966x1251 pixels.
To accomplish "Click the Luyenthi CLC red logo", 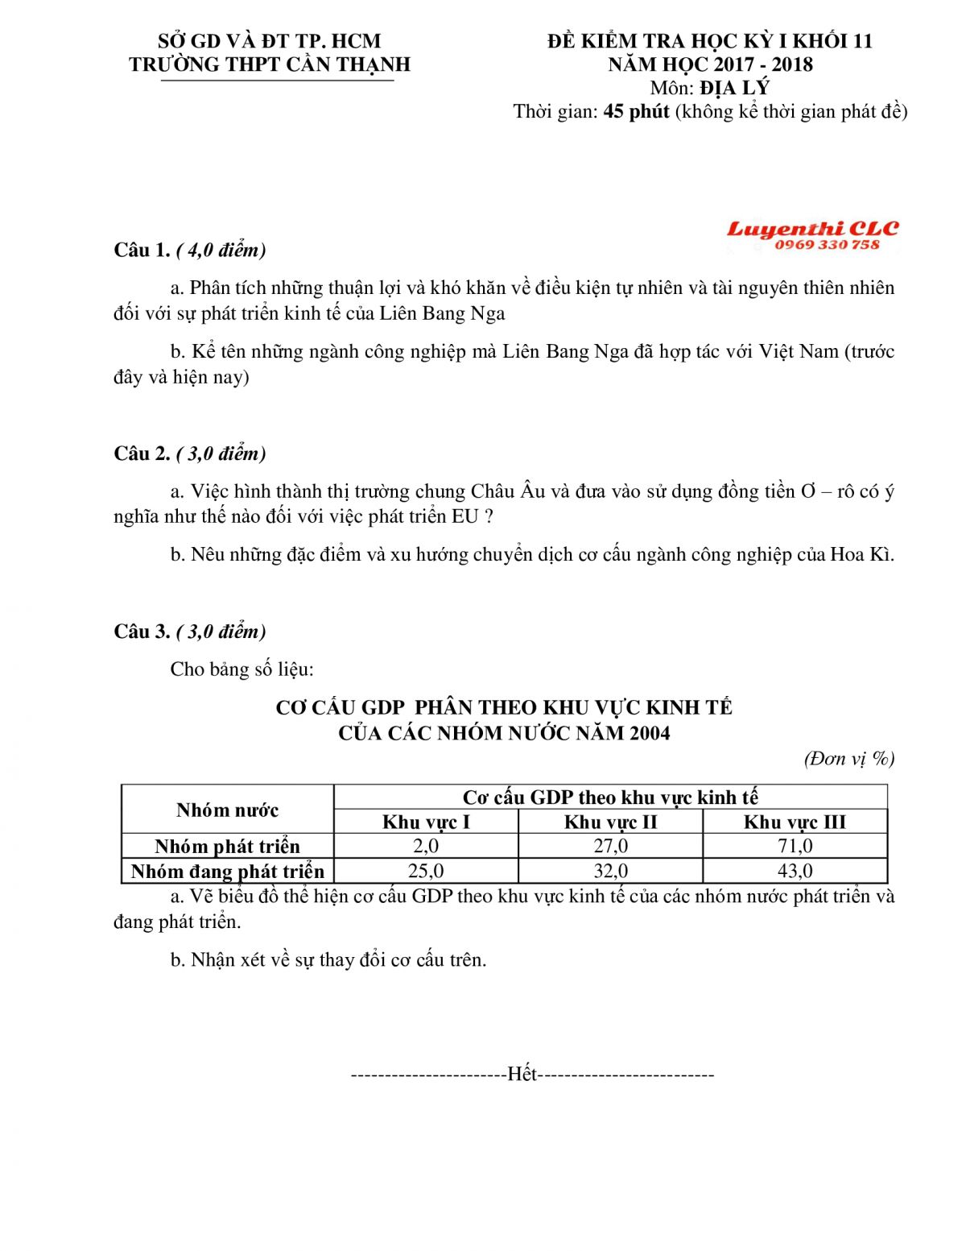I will click(812, 230).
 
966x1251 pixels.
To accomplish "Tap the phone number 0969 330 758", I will click(828, 245).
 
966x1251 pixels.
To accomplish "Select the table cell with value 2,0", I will click(425, 846).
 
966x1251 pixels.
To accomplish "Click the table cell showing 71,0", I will click(795, 846).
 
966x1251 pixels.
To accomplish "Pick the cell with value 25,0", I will click(425, 871).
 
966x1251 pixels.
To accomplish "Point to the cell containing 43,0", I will click(795, 871).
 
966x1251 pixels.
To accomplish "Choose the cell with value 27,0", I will click(610, 846).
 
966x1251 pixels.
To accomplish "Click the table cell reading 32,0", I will click(610, 871).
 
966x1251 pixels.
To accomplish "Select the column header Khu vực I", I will click(425, 822).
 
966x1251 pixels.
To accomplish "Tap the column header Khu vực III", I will click(795, 822).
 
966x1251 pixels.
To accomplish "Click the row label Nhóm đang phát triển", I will click(227, 872).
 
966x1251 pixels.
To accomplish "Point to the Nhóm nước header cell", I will click(227, 810).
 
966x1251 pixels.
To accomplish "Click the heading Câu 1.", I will click(142, 251).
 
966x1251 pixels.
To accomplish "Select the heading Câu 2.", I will click(142, 454).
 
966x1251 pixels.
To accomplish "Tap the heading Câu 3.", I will click(142, 632).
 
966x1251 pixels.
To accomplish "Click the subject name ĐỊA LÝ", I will click(734, 88).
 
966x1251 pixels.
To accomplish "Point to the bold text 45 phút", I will click(636, 111).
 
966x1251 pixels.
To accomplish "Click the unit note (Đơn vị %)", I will click(849, 758).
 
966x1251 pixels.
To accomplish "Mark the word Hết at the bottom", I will click(522, 1075).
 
